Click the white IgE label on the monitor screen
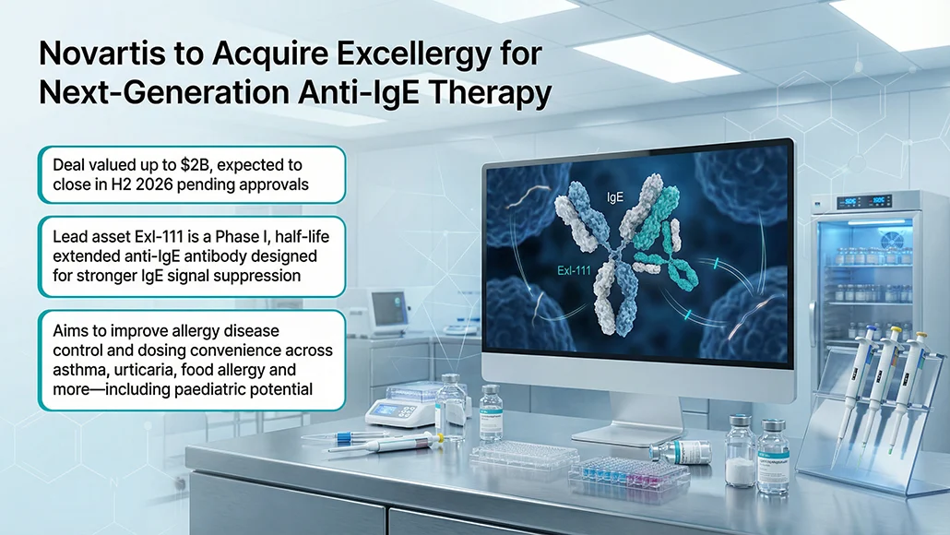[x=615, y=196]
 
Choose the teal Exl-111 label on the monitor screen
[x=574, y=271]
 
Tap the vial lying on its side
[x=681, y=452]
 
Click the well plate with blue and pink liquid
[x=628, y=472]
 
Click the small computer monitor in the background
[x=388, y=310]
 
